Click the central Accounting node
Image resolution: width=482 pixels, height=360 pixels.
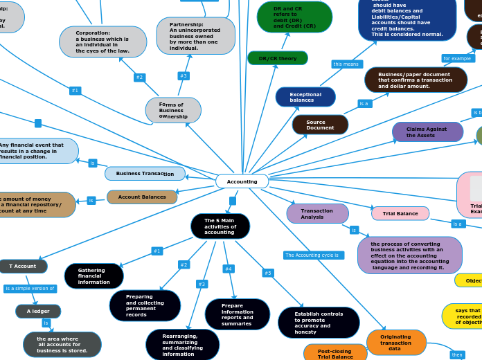coord(242,181)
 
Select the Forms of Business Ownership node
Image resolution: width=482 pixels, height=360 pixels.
coord(173,110)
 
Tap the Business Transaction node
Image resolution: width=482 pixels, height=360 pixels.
coord(145,174)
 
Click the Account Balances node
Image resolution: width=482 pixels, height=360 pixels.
coord(142,197)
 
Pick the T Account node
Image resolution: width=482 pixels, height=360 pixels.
coord(22,266)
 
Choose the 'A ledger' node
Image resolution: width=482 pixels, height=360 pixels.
coord(38,312)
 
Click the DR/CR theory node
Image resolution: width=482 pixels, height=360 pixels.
coord(277,58)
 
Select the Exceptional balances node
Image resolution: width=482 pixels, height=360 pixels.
coord(305,97)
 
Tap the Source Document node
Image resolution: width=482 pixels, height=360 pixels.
coord(320,125)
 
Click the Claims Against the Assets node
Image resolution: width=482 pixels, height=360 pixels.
coord(427,132)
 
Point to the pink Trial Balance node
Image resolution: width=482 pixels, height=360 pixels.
coord(400,213)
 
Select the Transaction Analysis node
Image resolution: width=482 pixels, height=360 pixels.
coord(317,213)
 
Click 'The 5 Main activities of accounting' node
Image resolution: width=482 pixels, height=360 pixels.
coord(220,226)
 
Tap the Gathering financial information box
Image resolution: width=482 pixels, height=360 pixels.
coord(93,276)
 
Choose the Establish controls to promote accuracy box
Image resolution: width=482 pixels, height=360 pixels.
coord(319,323)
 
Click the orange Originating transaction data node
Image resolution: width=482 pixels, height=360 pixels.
coord(396,343)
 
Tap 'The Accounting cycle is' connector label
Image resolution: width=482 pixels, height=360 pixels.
coord(313,255)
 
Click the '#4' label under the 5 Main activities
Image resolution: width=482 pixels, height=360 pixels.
coord(229,269)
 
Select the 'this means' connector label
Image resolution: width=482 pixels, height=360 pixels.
coord(347,64)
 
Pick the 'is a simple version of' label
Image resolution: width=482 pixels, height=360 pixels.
coord(30,289)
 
